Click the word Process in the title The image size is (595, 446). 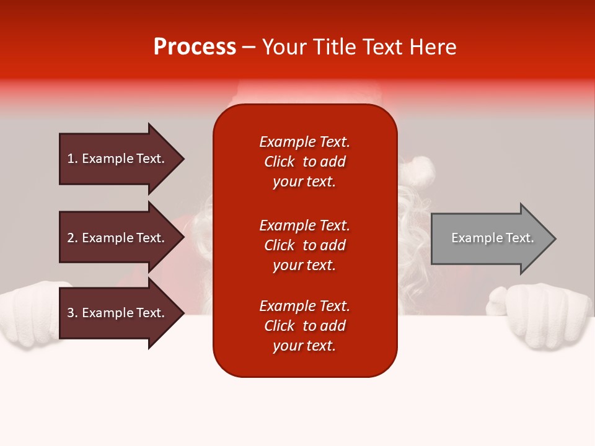195,46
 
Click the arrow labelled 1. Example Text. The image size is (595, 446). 121,159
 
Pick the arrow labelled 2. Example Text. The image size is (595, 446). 121,237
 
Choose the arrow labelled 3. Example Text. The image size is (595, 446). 121,312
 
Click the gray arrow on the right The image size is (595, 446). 493,238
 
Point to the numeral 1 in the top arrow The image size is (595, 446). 71,159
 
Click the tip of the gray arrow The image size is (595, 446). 557,238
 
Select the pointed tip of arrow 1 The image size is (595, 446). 185,159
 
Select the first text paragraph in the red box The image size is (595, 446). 305,162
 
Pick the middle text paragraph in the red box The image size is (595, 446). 305,245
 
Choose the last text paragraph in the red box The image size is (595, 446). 305,326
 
